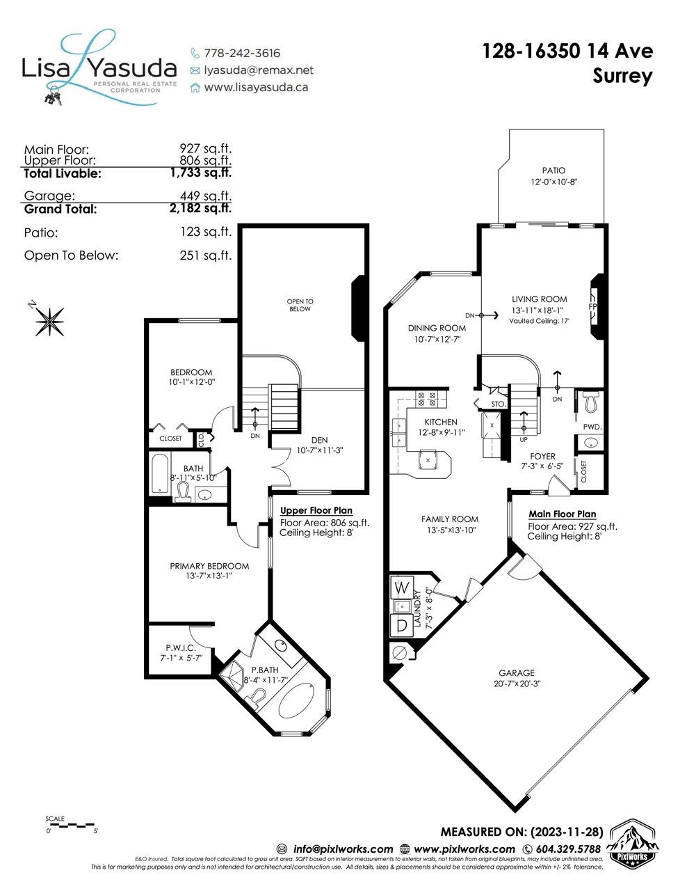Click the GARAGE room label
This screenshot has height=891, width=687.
[x=516, y=673]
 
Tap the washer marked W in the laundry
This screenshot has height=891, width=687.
[x=402, y=588]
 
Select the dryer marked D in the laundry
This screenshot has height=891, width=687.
[x=402, y=625]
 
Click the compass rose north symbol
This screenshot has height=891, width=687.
[x=49, y=321]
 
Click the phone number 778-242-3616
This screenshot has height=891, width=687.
[x=242, y=54]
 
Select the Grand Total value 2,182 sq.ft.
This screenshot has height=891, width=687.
[x=201, y=208]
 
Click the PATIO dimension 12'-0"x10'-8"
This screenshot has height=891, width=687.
[x=553, y=182]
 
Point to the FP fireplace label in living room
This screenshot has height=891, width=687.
[x=592, y=306]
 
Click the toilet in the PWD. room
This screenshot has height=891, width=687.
[x=590, y=402]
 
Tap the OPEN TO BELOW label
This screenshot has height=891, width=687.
[x=300, y=305]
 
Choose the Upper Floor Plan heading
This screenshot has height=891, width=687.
[x=316, y=510]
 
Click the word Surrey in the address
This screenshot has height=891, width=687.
[x=622, y=77]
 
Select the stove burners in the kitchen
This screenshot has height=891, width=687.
[x=427, y=399]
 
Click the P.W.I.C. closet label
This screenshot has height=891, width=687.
[x=181, y=648]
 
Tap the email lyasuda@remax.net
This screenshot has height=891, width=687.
[x=259, y=70]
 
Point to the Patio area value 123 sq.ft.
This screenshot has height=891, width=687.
[x=206, y=232]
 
